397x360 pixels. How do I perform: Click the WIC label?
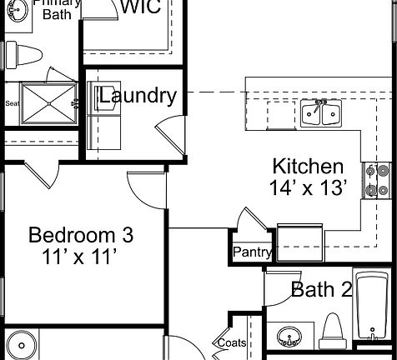click(x=142, y=7)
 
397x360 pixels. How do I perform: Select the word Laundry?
click(x=138, y=95)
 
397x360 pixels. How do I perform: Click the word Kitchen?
click(x=308, y=166)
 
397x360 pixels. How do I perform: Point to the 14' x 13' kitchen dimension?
click(x=308, y=187)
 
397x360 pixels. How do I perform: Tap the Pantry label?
click(x=252, y=252)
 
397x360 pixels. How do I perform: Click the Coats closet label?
click(x=232, y=342)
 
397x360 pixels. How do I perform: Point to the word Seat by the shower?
click(x=13, y=104)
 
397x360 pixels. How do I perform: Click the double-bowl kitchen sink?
click(x=319, y=112)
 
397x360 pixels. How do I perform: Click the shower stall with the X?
click(x=48, y=104)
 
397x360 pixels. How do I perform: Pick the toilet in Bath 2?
click(x=333, y=331)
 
